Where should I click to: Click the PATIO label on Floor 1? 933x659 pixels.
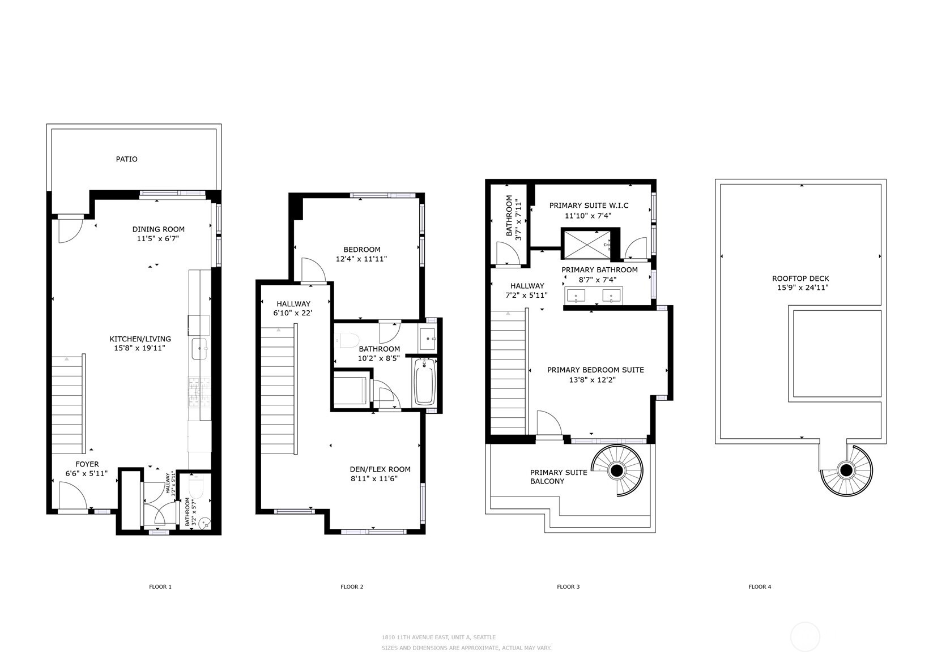(x=126, y=159)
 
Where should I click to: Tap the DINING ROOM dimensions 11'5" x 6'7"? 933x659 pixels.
(x=159, y=239)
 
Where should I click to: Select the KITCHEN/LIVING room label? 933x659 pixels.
(x=140, y=339)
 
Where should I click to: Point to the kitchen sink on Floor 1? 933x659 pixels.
(x=199, y=349)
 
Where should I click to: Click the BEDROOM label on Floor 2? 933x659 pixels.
(x=361, y=250)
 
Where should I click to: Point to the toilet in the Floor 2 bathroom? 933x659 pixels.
(x=348, y=340)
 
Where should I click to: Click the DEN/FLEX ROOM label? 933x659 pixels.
(x=380, y=469)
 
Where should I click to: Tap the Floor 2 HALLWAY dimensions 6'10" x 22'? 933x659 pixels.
(x=293, y=313)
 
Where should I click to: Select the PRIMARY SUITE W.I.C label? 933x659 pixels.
(x=589, y=206)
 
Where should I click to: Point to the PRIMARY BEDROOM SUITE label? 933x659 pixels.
(x=595, y=370)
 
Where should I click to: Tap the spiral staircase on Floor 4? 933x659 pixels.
(x=846, y=470)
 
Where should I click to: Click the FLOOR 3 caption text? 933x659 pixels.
(x=568, y=587)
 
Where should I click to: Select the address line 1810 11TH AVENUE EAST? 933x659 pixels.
(x=438, y=637)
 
